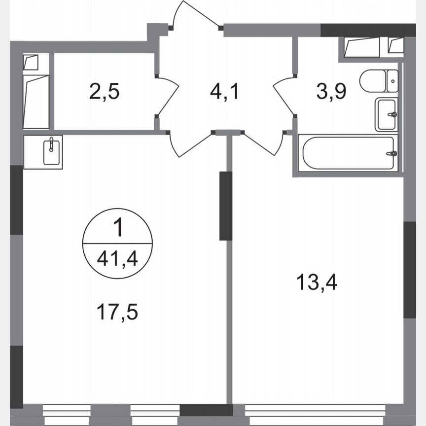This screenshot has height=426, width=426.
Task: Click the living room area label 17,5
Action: pyautogui.click(x=117, y=312)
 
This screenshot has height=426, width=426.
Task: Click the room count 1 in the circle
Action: pyautogui.click(x=117, y=229)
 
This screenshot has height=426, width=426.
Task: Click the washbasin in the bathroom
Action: pyautogui.click(x=386, y=114)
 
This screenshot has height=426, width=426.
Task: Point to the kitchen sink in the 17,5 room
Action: pyautogui.click(x=51, y=151)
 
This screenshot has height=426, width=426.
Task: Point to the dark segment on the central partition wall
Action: pyautogui.click(x=226, y=206)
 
